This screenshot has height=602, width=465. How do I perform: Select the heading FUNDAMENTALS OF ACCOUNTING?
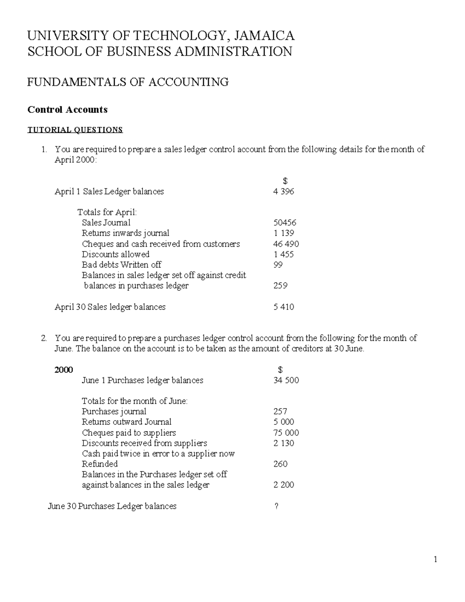128,82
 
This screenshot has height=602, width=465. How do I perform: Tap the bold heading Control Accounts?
67,110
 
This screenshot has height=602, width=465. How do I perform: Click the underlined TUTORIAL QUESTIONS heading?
75,129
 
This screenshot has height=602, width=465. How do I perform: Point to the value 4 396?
284,191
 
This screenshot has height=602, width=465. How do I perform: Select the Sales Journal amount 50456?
285,223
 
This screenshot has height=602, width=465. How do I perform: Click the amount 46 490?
286,244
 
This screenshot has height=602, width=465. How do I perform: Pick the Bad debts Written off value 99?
278,265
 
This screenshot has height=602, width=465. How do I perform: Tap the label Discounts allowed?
115,254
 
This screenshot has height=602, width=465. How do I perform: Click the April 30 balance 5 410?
284,307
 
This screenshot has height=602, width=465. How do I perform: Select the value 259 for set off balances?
280,286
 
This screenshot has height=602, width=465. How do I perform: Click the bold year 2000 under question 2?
64,370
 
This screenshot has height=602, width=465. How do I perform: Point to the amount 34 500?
286,380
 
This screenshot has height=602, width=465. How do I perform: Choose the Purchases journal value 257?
280,412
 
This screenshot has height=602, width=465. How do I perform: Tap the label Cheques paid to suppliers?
129,433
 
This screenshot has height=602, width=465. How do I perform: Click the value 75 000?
286,433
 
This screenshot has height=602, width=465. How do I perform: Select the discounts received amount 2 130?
284,443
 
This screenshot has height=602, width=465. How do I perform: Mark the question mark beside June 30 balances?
276,506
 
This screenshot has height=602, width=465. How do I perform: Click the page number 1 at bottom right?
436,559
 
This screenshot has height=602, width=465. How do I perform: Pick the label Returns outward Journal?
126,422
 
